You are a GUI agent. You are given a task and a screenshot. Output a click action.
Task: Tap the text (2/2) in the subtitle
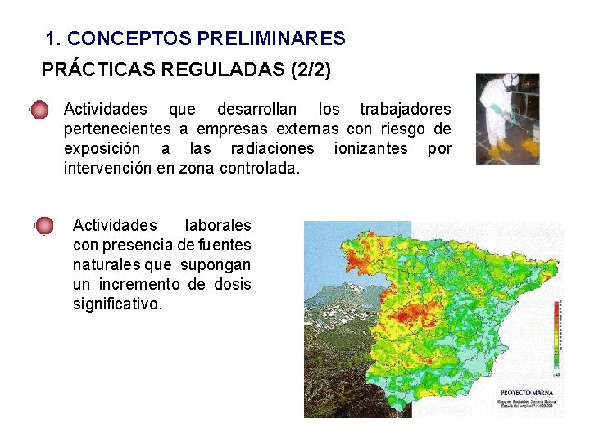[311, 70]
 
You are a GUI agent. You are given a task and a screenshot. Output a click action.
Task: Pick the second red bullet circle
[44, 226]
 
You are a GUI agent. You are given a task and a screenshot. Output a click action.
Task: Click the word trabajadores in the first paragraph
[405, 109]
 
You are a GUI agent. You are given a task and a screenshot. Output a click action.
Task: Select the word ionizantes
[370, 148]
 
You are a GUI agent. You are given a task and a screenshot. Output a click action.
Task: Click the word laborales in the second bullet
[218, 225]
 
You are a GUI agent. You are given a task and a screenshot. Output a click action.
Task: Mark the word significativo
[118, 304]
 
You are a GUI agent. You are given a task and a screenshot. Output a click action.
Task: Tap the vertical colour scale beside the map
[556, 336]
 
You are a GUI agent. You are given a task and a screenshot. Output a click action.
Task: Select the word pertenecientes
[118, 129]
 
